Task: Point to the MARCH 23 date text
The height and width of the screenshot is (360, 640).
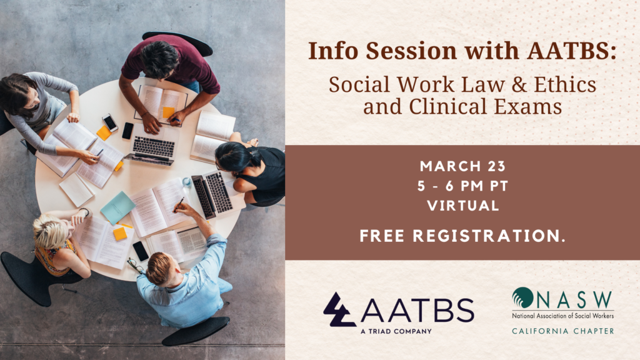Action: click(x=463, y=166)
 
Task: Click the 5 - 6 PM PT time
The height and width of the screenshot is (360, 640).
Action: click(x=463, y=186)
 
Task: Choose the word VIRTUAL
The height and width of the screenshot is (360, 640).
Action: click(x=463, y=205)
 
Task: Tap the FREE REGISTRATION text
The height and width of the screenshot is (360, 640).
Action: click(x=462, y=236)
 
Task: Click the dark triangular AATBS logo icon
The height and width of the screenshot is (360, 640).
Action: click(x=339, y=310)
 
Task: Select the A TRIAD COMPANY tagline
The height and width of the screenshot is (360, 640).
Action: click(x=396, y=331)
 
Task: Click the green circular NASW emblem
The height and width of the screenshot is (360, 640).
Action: click(x=522, y=297)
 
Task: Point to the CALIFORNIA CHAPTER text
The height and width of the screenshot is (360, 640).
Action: click(x=563, y=331)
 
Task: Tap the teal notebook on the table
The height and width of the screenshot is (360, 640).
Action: click(x=117, y=207)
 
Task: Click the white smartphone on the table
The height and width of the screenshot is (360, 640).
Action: click(x=110, y=122)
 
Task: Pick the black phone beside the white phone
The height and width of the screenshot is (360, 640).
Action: click(x=127, y=131)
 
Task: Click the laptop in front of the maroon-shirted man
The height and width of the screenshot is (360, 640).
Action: click(x=152, y=147)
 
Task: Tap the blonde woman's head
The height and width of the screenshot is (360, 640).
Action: click(x=49, y=231)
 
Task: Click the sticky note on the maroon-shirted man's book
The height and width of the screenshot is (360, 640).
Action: click(x=168, y=112)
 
